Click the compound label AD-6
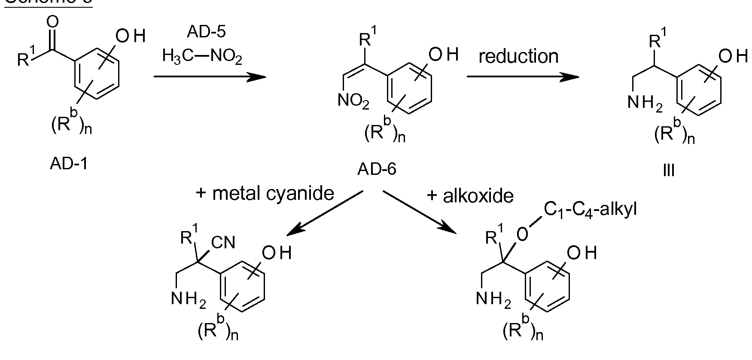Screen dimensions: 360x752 coord(377,170)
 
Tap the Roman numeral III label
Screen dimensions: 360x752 coord(668,171)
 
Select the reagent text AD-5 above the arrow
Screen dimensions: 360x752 coord(206,31)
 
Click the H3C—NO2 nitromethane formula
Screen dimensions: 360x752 coord(202,56)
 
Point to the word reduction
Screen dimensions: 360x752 coord(518,56)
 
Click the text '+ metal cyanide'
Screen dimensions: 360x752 coord(265,194)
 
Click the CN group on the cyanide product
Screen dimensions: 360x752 coord(223,243)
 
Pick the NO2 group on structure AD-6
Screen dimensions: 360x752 coord(353,101)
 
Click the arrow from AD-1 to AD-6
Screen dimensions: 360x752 coord(210,77)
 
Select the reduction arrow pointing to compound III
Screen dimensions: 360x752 coord(522,77)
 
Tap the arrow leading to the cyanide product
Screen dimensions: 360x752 coord(325,214)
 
